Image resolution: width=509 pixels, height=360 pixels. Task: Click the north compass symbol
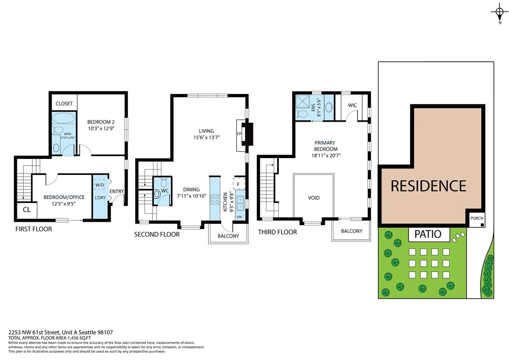point(500,14)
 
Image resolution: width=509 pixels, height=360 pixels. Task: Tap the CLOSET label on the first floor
point(64,103)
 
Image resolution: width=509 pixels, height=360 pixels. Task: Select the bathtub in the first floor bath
point(63,118)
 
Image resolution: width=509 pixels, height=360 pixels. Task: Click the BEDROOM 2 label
point(101,122)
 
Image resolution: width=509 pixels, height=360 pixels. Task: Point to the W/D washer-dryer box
point(100,185)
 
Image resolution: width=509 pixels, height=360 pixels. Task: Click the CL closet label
point(27,210)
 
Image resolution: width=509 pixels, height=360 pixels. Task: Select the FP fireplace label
point(239,134)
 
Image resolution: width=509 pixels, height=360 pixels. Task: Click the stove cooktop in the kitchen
point(215,199)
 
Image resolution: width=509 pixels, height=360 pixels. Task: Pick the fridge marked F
point(238,185)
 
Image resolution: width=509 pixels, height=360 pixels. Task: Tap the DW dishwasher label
point(239,216)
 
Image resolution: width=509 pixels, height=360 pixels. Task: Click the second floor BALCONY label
point(228,236)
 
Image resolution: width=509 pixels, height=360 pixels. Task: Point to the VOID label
point(313,198)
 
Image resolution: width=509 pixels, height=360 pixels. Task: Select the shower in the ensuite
point(302,101)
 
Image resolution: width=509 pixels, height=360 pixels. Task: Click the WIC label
point(352,105)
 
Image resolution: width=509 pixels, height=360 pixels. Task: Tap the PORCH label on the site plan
point(477,218)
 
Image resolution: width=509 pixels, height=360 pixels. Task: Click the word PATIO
point(428,234)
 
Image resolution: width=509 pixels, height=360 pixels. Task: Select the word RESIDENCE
point(428,186)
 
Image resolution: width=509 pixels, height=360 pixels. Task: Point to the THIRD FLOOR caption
point(277,232)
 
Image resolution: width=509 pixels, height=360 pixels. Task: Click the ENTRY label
point(116,191)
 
